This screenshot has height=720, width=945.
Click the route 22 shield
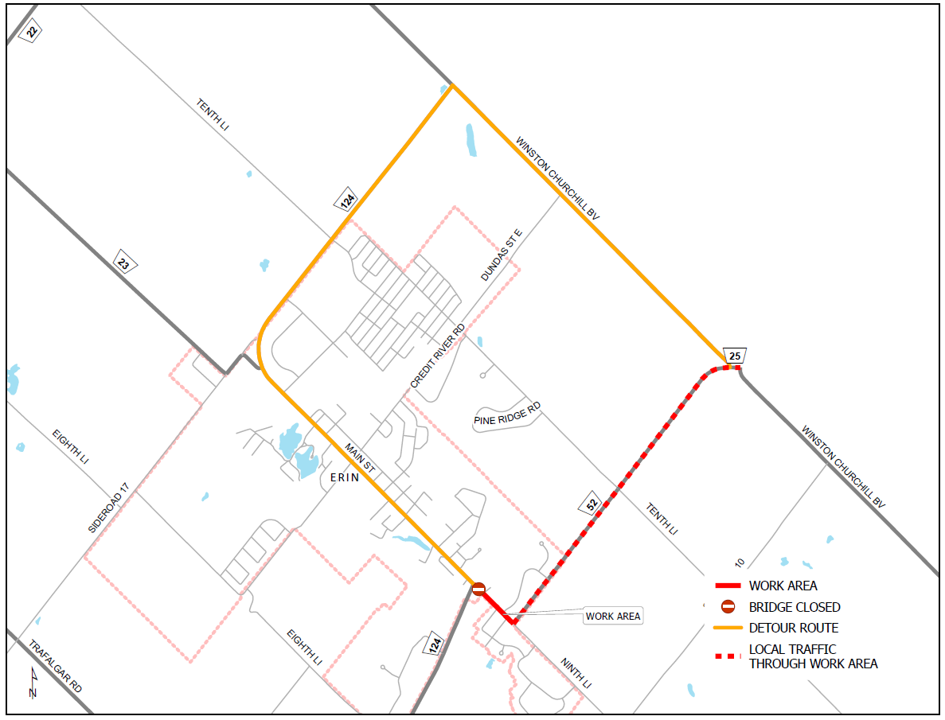point(31,31)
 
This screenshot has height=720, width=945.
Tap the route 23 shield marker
point(123,264)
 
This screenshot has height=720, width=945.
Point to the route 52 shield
point(590,504)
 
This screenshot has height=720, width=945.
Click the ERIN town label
point(345,477)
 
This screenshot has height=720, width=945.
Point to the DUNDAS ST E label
point(502,255)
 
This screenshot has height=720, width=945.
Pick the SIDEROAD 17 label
point(108,508)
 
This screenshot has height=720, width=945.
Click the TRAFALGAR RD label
point(56,667)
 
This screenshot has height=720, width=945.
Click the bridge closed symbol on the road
point(478,589)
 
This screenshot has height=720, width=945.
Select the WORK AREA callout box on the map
point(612,616)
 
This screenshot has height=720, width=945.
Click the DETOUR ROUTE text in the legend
point(793,628)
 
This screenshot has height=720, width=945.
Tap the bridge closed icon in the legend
point(728,607)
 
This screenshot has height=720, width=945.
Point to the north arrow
point(33,683)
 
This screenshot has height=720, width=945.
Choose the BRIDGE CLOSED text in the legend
point(794,607)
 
